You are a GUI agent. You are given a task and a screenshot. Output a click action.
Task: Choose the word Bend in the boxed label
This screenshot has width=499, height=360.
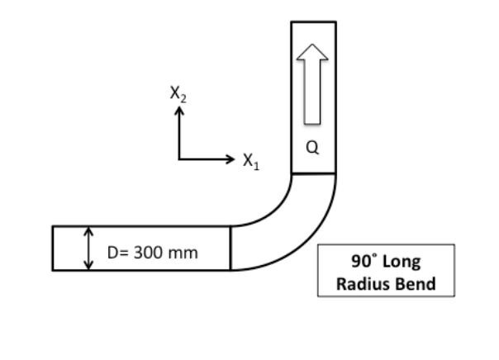tap(417, 285)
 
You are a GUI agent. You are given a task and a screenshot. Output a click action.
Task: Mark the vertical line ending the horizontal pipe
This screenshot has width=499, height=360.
tap(230, 248)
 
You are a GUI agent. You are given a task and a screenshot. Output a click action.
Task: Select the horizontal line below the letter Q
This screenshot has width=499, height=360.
tap(313, 174)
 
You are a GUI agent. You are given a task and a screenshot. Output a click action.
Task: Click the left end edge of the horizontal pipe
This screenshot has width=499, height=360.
tap(52, 248)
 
